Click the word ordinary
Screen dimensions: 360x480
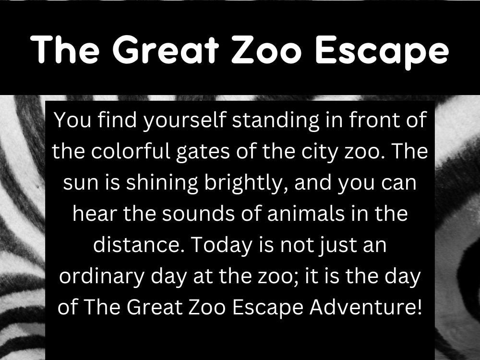click(x=94, y=277)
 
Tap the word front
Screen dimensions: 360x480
click(x=372, y=120)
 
